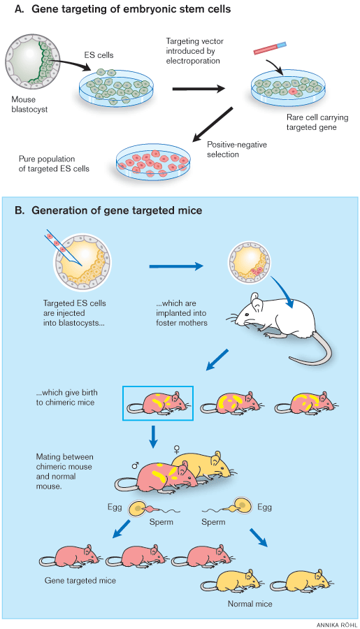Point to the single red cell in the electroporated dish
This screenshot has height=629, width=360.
[x=294, y=91]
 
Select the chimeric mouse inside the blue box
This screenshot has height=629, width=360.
[x=157, y=403]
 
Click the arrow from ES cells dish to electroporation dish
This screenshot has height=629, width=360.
[x=198, y=89]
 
